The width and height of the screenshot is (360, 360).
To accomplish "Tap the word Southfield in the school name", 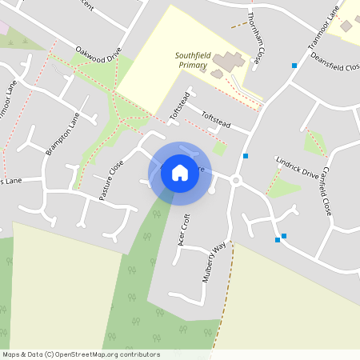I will tap(191, 55).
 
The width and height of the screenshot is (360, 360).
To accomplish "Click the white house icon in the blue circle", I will tap(179, 172).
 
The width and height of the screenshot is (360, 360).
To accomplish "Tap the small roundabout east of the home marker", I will tap(235, 180).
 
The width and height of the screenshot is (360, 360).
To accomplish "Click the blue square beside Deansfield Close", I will tap(295, 65).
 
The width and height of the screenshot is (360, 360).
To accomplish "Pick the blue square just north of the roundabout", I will tap(246, 156).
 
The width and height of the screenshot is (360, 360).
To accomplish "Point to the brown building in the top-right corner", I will tap(347, 26).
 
